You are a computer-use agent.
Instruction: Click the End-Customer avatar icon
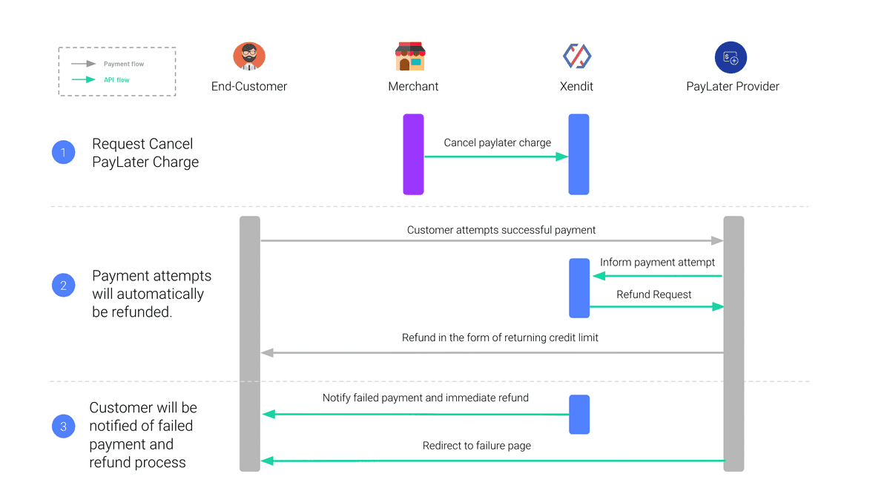pos(249,56)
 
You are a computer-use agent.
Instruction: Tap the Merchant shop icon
pos(410,56)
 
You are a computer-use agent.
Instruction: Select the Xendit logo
pos(577,56)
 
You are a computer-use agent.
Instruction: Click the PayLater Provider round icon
pos(731,57)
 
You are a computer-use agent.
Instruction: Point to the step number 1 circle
pos(64,152)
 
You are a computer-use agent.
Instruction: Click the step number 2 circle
pos(64,285)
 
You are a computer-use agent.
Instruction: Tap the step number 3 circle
pos(64,426)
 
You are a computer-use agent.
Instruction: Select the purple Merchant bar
pos(413,154)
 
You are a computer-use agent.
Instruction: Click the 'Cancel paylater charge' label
pos(498,142)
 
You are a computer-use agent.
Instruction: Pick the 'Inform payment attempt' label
pos(657,263)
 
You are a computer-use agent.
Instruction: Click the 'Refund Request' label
pos(653,294)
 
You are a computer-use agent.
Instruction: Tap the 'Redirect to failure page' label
pos(476,446)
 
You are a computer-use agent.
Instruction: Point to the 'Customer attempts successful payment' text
pos(501,230)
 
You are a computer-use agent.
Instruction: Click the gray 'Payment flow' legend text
pos(124,64)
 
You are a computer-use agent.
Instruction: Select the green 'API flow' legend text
pos(116,80)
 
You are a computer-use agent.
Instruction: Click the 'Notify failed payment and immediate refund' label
pos(426,398)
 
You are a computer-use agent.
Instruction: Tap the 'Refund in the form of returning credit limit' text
pos(500,337)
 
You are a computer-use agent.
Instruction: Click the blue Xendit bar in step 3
pos(579,414)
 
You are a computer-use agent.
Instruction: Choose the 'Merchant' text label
pos(413,86)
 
